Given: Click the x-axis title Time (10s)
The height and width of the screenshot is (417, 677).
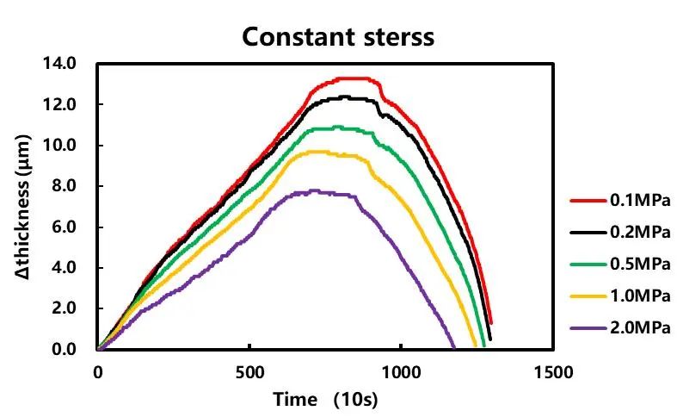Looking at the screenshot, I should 326,400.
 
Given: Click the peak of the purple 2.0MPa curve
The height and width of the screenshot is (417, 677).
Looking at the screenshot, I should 317,190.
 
